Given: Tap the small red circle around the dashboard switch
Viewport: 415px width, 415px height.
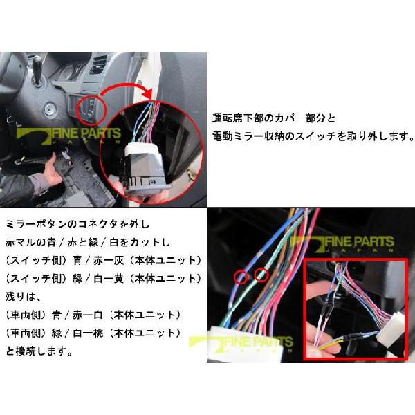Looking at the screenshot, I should tap(89, 107).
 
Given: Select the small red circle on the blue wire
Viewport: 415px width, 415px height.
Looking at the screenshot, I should tap(241, 277).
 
